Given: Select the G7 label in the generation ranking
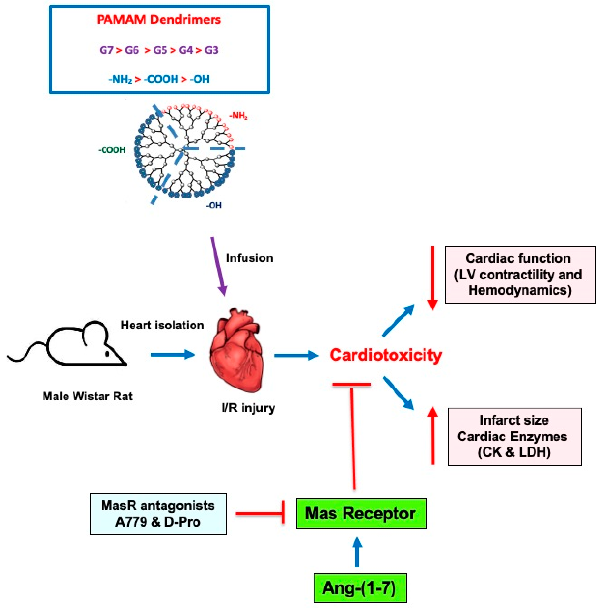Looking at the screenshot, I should coord(106,50).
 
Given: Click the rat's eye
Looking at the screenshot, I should coord(107,354).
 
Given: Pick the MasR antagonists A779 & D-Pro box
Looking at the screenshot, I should coord(158,514).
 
